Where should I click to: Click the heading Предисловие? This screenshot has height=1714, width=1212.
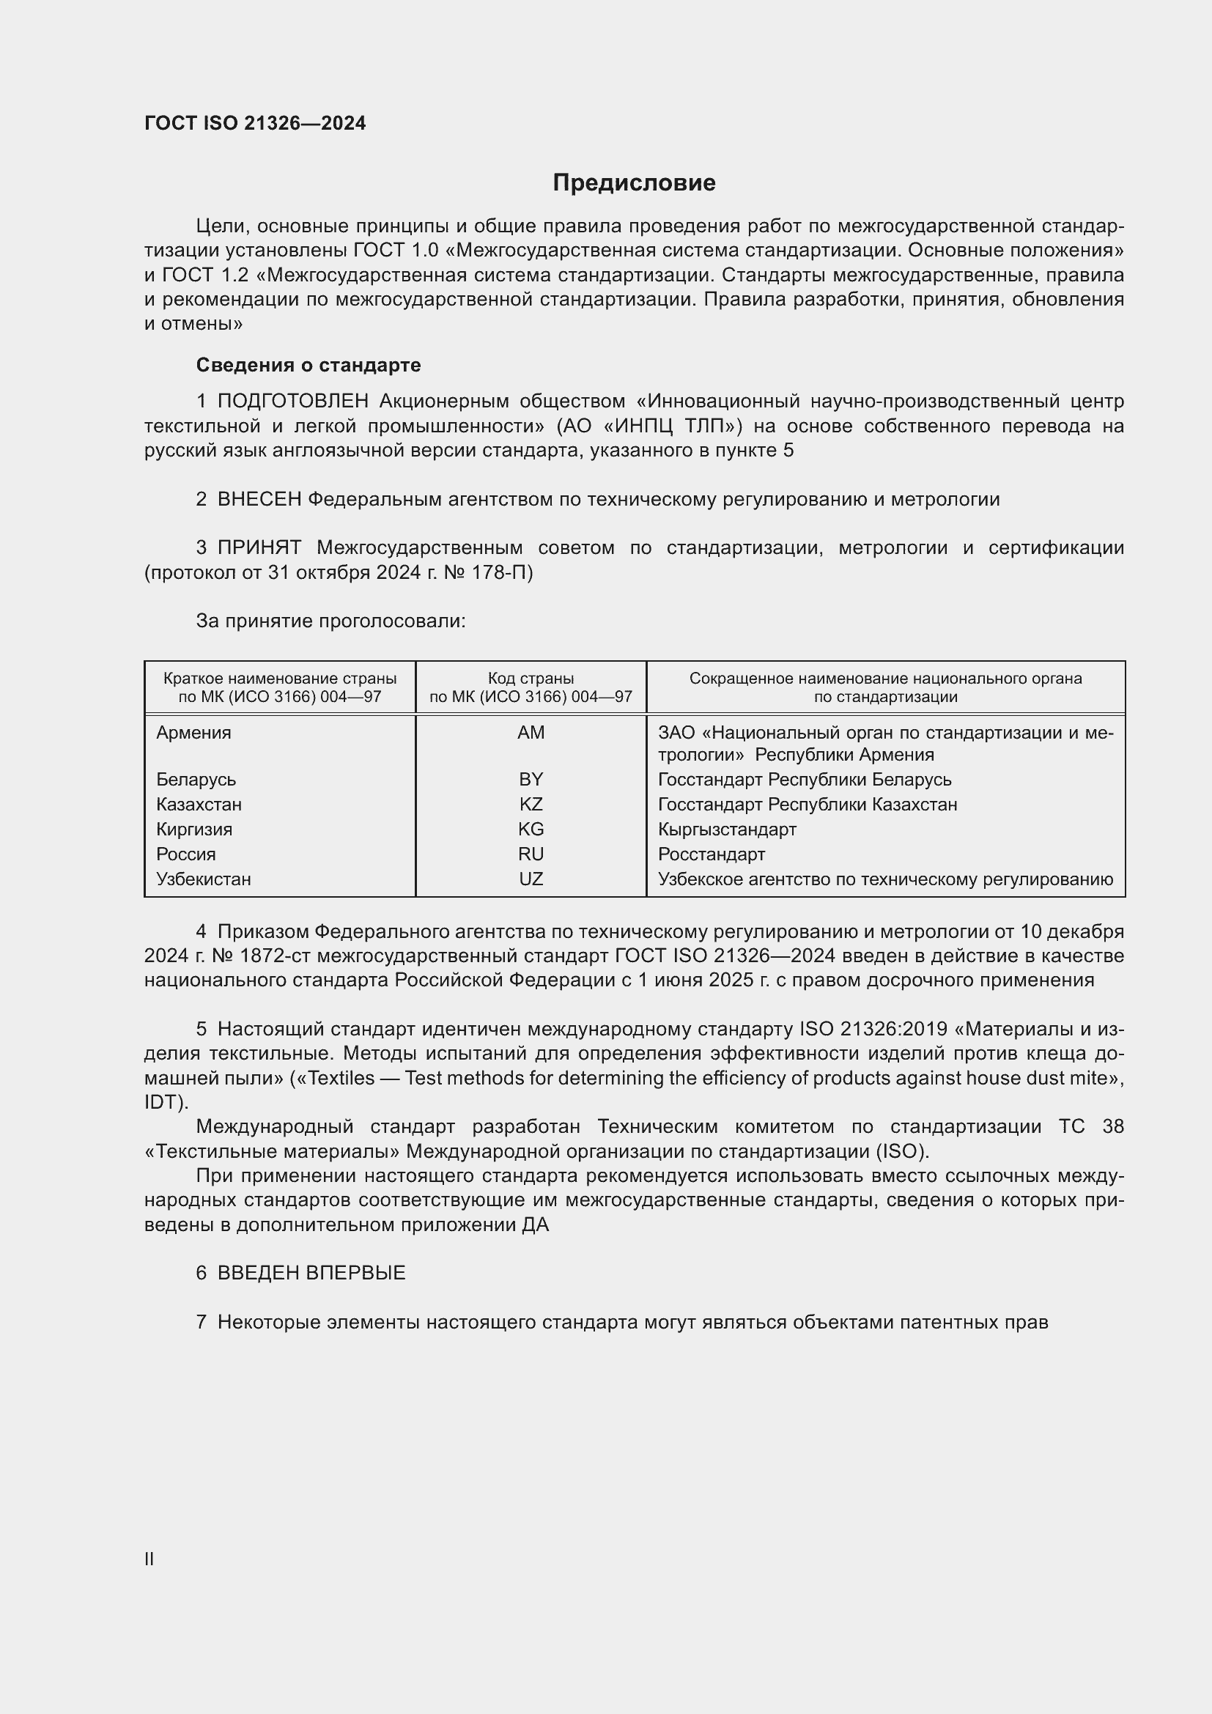(634, 183)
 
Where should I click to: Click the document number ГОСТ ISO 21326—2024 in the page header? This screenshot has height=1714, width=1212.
(255, 124)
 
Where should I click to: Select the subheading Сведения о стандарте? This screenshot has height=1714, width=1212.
(308, 365)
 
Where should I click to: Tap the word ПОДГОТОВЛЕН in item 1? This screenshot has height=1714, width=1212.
(293, 402)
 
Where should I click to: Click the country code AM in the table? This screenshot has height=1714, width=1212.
(531, 732)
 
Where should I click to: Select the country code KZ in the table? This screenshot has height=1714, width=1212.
(531, 804)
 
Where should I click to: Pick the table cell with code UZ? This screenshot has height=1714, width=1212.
(531, 879)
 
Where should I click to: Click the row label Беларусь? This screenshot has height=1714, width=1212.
(196, 780)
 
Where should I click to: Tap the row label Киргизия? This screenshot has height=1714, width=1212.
(194, 830)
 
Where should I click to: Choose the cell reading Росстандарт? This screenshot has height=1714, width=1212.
(712, 854)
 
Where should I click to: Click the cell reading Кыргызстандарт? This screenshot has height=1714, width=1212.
(727, 830)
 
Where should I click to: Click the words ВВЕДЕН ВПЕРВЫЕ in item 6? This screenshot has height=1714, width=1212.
(311, 1274)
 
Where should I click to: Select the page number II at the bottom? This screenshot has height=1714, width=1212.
(149, 1559)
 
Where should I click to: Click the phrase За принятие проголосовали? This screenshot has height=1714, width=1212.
(330, 621)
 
